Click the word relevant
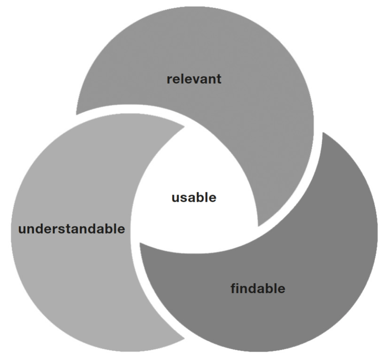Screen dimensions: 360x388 (x=194, y=79)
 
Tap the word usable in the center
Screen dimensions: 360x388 (x=194, y=197)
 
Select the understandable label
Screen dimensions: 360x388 (x=71, y=229)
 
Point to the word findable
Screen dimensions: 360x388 (x=258, y=288)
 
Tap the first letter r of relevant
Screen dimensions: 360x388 (x=169, y=80)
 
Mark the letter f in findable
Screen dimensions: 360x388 (x=234, y=288)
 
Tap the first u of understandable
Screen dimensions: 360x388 (x=22, y=230)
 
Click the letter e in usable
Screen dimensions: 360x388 (x=212, y=198)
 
